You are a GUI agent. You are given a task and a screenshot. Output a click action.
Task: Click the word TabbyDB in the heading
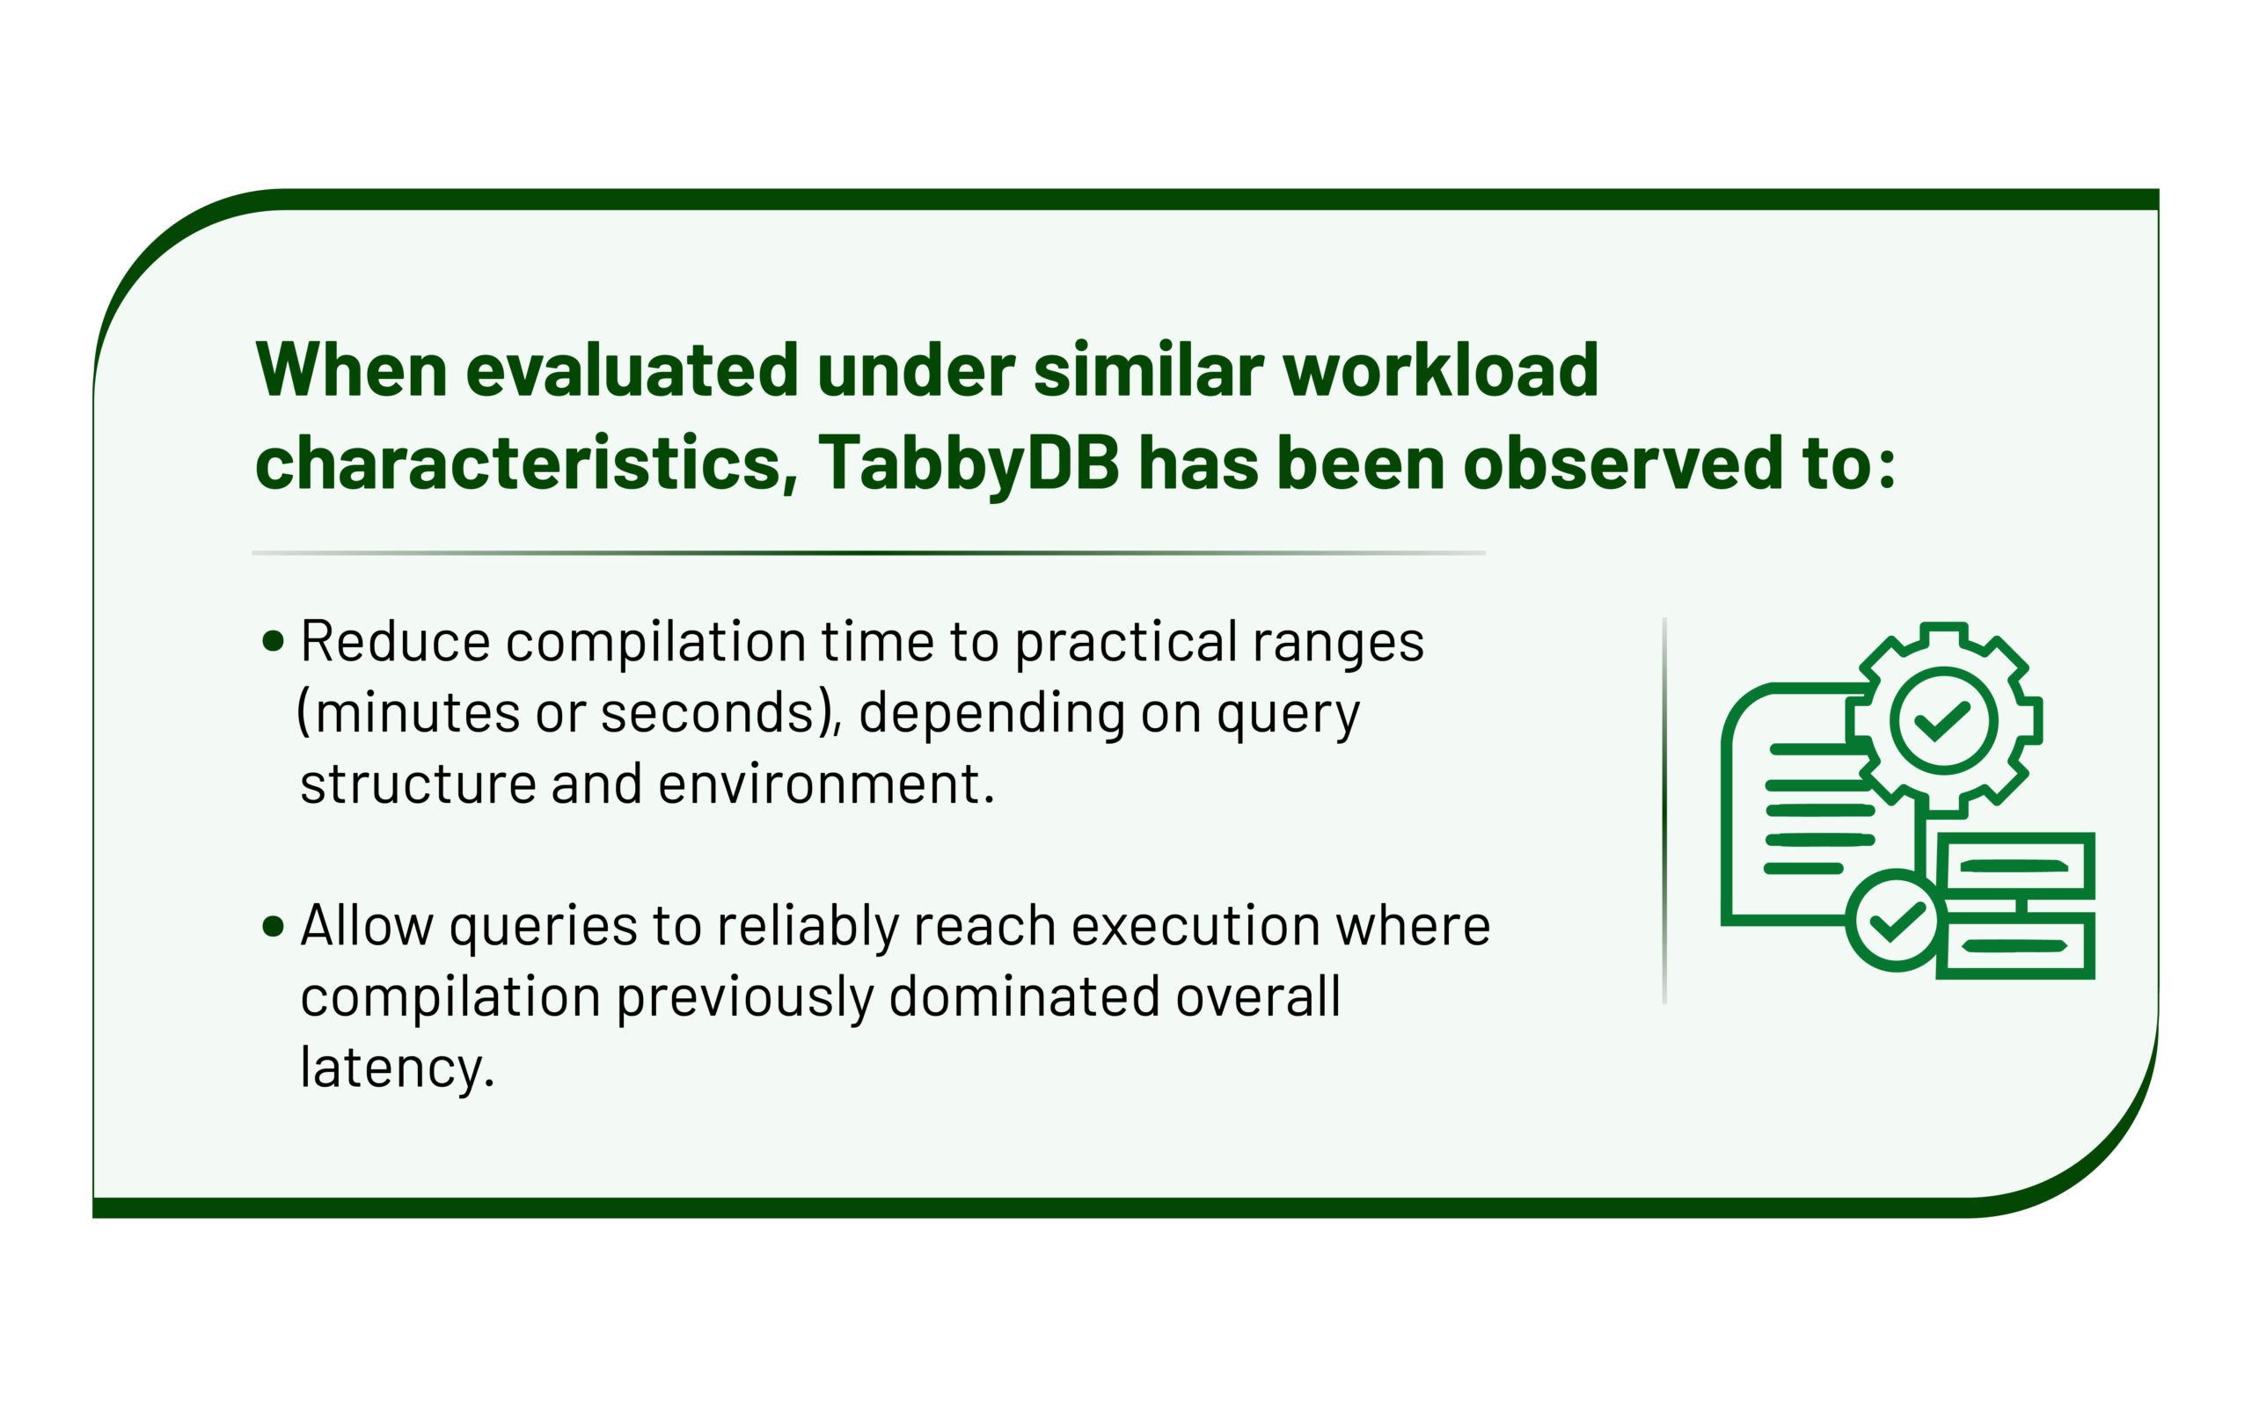point(968,464)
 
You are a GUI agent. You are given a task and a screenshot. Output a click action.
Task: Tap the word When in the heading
point(351,369)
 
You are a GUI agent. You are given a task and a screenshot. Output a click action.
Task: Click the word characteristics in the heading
point(526,463)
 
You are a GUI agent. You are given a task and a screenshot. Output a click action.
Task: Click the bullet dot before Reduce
point(273,641)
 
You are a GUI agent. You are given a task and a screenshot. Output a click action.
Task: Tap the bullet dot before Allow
point(273,926)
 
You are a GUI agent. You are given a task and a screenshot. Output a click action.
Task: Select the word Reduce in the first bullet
point(396,642)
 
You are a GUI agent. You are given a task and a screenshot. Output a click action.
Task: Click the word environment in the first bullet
point(819,784)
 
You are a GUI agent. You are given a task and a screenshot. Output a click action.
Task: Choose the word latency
point(397,1068)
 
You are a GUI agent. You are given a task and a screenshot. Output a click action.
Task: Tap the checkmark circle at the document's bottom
point(1897,922)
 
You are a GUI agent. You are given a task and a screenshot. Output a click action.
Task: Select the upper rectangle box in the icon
point(2015,865)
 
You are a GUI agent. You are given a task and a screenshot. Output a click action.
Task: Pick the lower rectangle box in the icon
point(2015,945)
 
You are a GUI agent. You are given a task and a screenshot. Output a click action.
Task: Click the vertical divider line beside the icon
point(1663,811)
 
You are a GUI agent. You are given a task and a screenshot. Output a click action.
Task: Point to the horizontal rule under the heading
point(868,553)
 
